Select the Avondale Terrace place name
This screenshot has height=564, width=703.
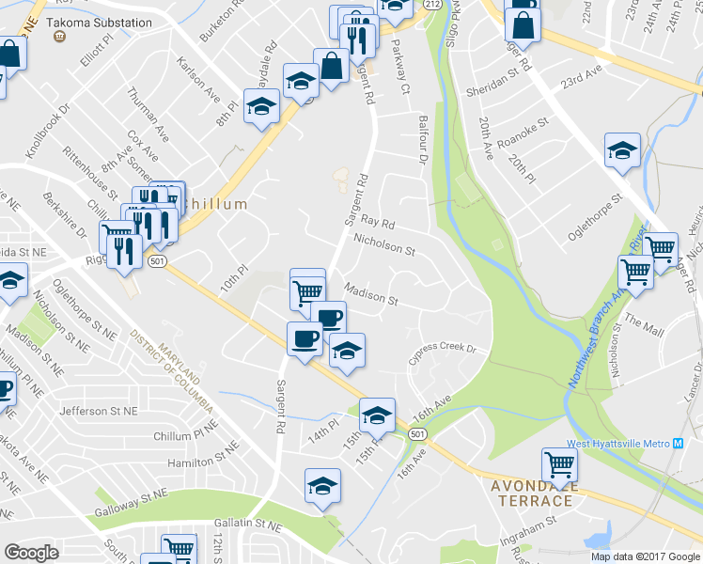[x=532, y=493]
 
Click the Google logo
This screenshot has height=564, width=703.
[x=31, y=552]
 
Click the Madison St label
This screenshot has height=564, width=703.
[x=371, y=295]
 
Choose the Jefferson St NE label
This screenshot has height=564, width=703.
[x=98, y=411]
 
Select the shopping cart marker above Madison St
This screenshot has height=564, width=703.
[x=307, y=289]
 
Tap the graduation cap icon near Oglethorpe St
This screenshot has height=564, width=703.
[x=622, y=150]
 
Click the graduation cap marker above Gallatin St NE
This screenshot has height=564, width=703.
[x=322, y=486]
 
